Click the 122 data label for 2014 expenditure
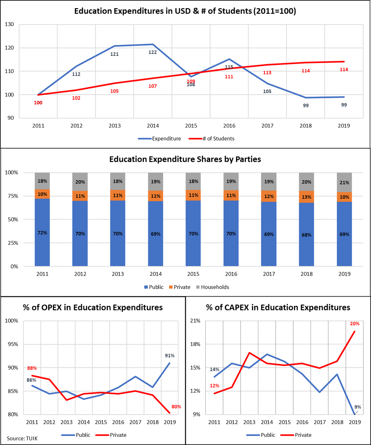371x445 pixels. pyautogui.click(x=152, y=52)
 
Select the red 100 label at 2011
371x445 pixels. pyautogui.click(x=38, y=103)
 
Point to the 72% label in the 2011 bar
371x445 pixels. pyautogui.click(x=42, y=233)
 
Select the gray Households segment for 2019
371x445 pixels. pyautogui.click(x=344, y=182)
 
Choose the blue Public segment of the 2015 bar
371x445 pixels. pyautogui.click(x=193, y=234)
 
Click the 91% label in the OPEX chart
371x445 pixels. pyautogui.click(x=169, y=356)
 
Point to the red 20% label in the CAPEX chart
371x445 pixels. pyautogui.click(x=355, y=323)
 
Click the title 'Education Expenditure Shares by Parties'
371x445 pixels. pyautogui.click(x=185, y=160)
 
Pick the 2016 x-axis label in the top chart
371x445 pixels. pyautogui.click(x=229, y=126)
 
